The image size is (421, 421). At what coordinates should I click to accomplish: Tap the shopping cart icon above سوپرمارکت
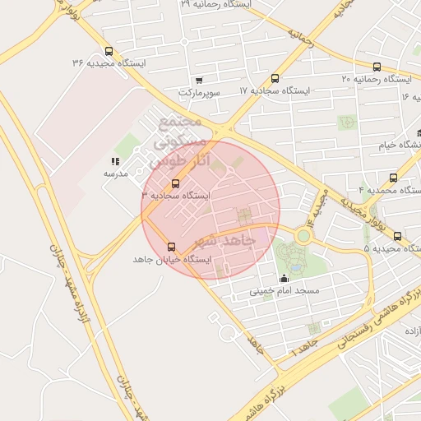[x=199, y=81]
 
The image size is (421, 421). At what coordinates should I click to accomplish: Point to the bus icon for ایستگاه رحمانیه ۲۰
[x=377, y=67]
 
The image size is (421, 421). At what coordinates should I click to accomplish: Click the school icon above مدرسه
[x=114, y=162]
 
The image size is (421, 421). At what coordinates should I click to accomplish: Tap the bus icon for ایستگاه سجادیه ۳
[x=173, y=183]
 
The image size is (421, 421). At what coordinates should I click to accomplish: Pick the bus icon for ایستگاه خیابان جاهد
[x=172, y=247]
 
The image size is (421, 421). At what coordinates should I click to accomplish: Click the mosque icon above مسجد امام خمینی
[x=285, y=278]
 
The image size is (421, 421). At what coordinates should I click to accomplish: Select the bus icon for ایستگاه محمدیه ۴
[x=392, y=177]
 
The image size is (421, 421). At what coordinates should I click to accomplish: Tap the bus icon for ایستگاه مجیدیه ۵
[x=397, y=236]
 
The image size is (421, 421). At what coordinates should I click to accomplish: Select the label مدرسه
[x=114, y=174]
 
